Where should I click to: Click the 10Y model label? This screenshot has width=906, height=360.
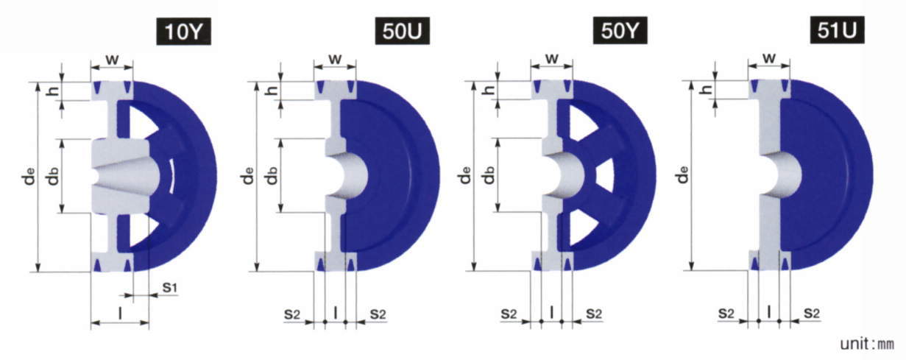(183, 32)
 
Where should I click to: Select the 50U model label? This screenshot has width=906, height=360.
(402, 31)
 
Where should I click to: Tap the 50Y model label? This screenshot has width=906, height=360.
(620, 31)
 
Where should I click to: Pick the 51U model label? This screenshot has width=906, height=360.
(838, 30)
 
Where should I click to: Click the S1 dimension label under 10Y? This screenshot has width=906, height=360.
(170, 288)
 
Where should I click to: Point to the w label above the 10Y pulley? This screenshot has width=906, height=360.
(112, 60)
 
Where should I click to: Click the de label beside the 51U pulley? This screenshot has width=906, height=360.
(683, 174)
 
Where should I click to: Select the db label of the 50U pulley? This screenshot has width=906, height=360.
(272, 175)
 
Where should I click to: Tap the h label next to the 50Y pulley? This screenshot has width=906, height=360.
(489, 89)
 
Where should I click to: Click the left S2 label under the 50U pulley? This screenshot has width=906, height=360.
(292, 314)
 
